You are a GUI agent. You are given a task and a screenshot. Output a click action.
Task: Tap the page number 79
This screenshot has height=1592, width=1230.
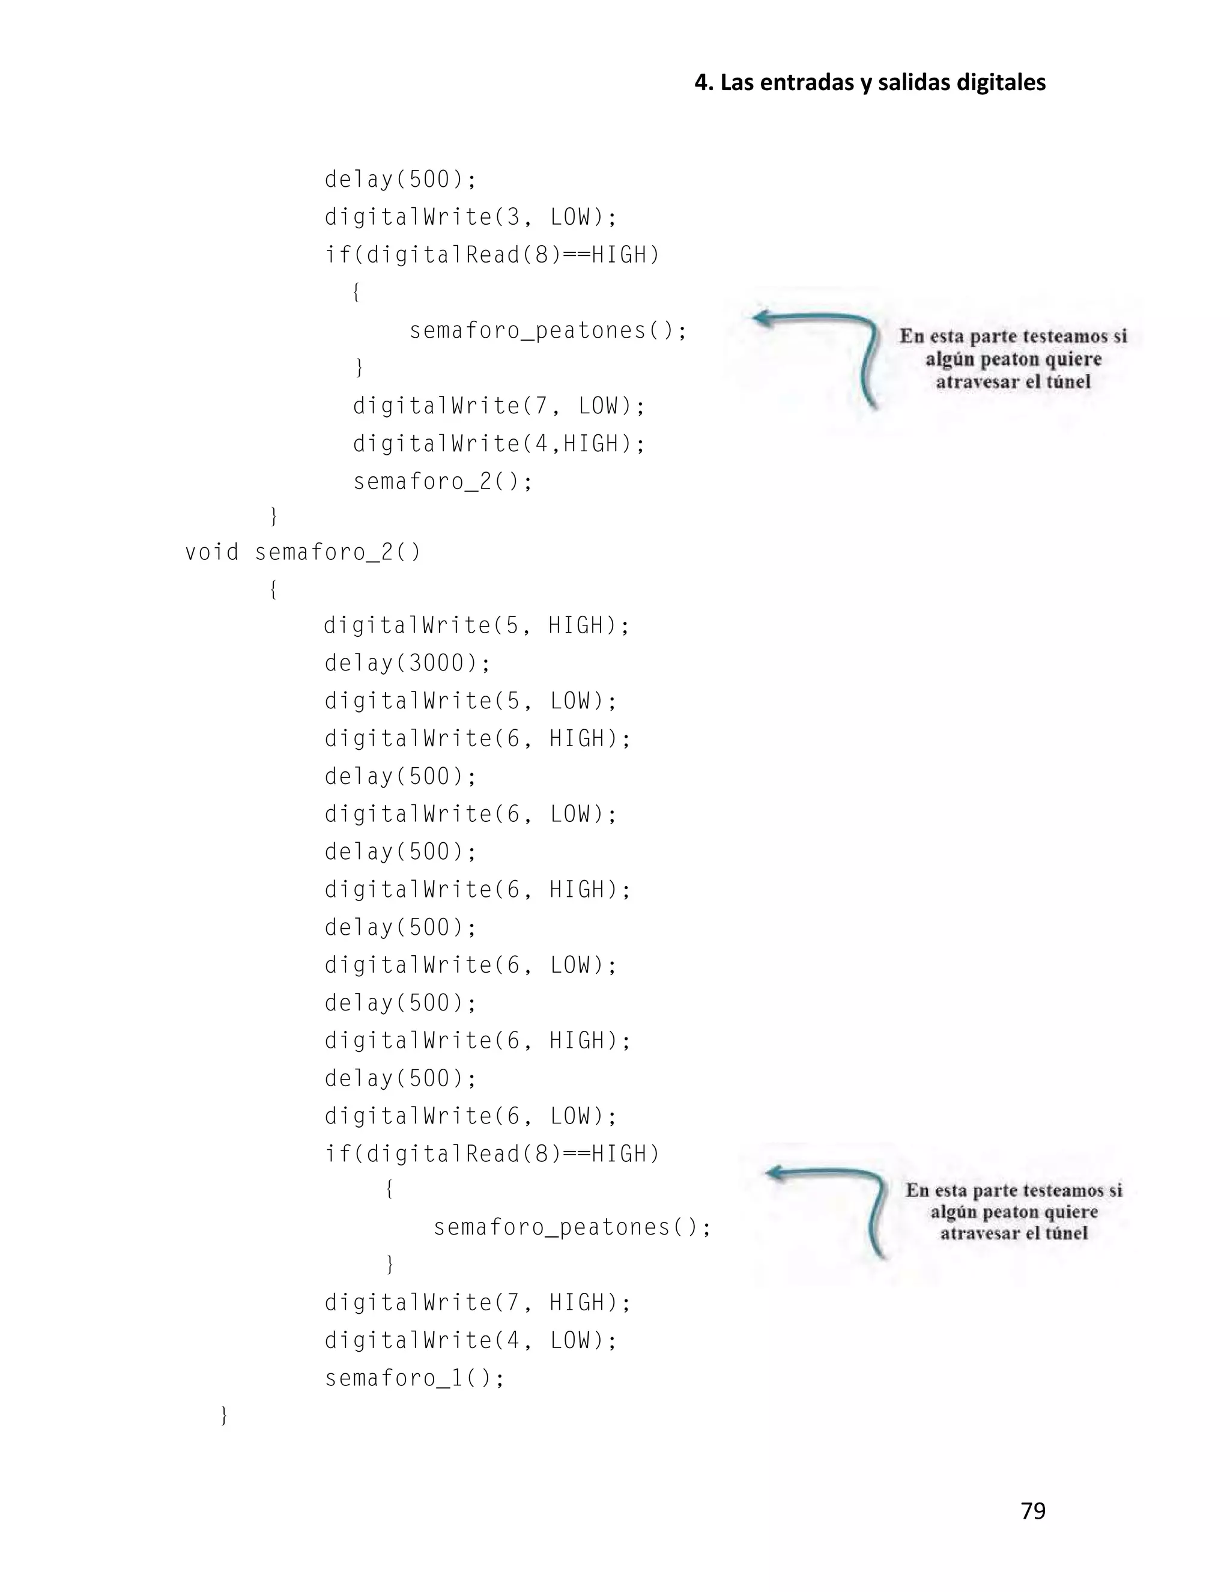click(1032, 1511)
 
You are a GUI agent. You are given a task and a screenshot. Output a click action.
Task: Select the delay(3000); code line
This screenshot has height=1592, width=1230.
click(407, 663)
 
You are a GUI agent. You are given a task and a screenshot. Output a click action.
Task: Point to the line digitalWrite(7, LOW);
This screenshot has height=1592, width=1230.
click(499, 406)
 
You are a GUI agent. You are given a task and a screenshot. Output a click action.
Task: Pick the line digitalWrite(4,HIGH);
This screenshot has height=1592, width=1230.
click(499, 444)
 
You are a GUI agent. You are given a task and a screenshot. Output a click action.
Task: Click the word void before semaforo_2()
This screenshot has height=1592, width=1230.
click(211, 553)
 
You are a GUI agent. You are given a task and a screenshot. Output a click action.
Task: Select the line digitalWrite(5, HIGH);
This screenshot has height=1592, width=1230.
click(476, 625)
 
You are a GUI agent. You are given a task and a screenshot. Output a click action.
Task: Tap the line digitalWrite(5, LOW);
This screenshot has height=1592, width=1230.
click(471, 701)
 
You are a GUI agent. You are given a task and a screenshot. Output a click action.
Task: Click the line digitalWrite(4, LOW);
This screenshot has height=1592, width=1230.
click(471, 1340)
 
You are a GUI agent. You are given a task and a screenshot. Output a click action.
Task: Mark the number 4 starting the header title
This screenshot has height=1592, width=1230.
click(701, 82)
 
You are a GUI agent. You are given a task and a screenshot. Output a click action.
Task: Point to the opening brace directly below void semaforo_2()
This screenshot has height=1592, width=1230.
click(273, 589)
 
